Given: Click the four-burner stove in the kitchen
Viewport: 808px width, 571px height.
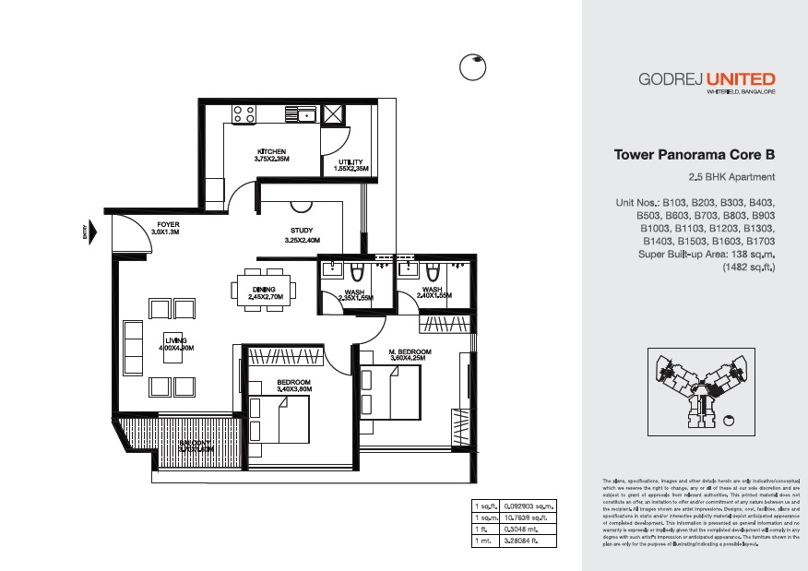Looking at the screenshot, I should tap(244, 113).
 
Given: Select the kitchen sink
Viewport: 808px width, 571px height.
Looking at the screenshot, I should tap(305, 114).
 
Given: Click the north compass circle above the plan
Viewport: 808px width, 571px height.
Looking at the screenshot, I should tap(472, 67).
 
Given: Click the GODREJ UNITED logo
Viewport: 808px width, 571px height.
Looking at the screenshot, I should tap(707, 80).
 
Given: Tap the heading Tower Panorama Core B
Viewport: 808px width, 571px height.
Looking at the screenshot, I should tap(695, 156).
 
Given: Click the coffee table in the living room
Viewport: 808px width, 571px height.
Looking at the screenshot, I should tap(171, 344).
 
